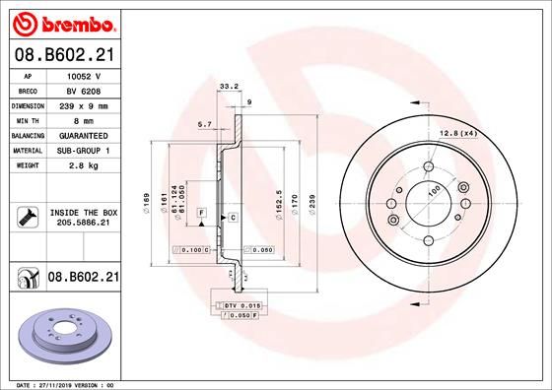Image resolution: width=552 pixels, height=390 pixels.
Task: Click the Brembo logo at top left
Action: [x=64, y=24]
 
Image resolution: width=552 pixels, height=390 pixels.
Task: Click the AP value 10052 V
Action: [x=84, y=76]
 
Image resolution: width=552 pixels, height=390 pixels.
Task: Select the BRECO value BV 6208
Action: [x=84, y=92]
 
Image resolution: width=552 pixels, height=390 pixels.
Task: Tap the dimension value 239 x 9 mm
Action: [x=84, y=106]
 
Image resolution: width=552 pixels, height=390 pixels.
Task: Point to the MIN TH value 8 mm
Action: [x=84, y=121]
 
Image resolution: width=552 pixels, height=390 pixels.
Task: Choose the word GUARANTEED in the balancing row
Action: [x=84, y=136]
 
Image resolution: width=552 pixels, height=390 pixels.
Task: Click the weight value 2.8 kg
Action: [x=84, y=165]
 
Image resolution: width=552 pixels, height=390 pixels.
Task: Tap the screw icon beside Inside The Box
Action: [x=28, y=217]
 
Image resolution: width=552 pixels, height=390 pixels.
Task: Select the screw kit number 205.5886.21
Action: [x=84, y=223]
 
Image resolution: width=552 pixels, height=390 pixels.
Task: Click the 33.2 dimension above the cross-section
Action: [x=229, y=86]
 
